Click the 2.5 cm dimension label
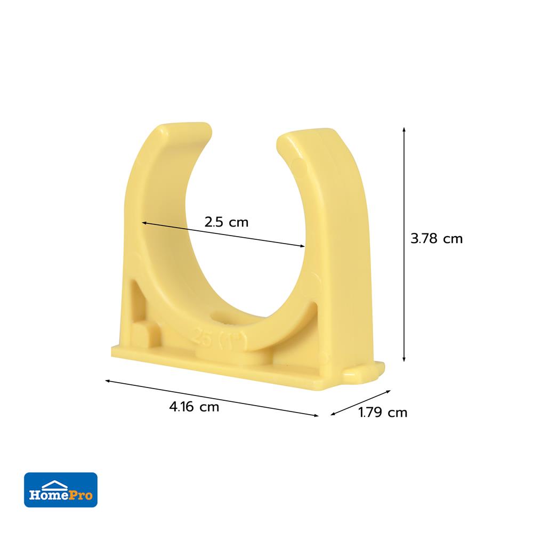pos(227,222)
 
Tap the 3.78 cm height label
pos(437,239)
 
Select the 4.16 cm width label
pos(194,407)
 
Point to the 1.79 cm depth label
pos(383,413)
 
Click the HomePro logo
pos(61,489)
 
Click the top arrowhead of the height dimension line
pos(404,130)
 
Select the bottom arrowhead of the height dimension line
pos(404,359)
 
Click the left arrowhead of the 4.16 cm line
pos(108,381)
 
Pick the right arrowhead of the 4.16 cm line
pos(316,415)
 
